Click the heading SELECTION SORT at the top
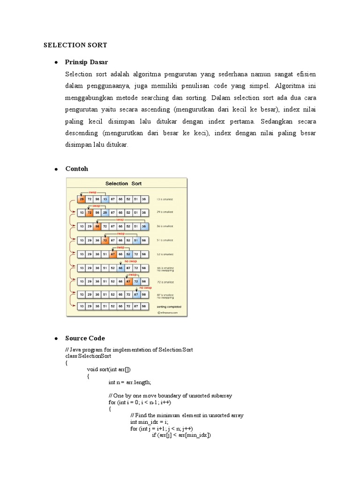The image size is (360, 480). [75, 45]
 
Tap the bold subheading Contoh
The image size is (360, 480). [76, 169]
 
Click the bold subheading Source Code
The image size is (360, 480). [85, 338]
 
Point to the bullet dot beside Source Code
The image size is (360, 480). [56, 338]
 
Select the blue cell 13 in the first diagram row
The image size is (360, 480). [105, 199]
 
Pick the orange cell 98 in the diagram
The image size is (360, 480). [97, 226]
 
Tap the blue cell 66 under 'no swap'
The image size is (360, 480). [120, 268]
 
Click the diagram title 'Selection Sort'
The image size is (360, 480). [123, 183]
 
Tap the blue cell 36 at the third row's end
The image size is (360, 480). [144, 226]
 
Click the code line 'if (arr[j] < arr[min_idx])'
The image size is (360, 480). [181, 435]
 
